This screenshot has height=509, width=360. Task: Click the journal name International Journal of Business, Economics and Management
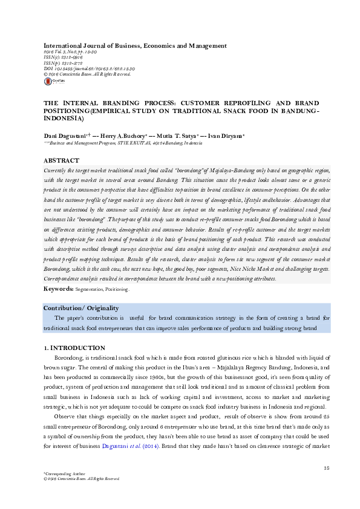click(x=134, y=46)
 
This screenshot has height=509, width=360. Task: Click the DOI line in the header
click(x=90, y=69)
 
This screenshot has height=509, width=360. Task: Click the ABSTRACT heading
click(x=62, y=160)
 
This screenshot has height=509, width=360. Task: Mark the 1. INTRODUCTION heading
click(x=75, y=348)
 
